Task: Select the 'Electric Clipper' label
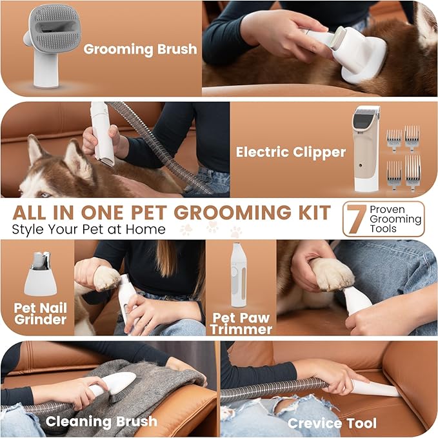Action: [290, 153]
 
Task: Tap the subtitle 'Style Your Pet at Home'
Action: [89, 229]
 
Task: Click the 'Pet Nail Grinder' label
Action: [39, 314]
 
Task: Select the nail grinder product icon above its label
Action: [40, 274]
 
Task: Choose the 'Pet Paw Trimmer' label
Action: [240, 322]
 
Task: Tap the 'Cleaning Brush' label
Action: [101, 422]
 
